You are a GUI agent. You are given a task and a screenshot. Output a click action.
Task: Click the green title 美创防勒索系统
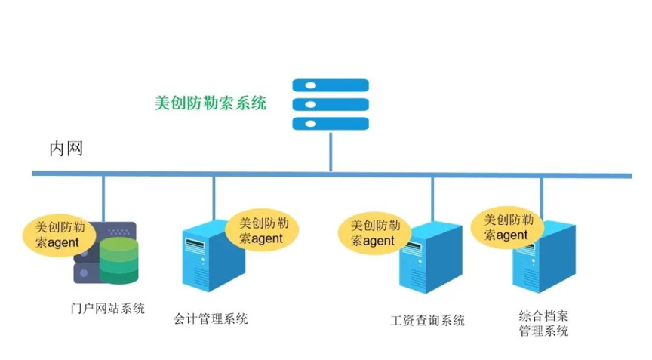211,103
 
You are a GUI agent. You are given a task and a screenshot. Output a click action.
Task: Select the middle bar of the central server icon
331,104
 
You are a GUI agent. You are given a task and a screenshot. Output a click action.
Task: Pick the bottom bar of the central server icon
331,123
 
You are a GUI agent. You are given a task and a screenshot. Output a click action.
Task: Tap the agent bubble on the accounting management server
261,230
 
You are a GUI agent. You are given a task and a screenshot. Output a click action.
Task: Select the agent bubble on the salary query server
373,232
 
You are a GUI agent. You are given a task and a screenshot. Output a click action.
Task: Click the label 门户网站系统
106,308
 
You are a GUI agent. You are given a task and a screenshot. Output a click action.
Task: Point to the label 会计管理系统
211,318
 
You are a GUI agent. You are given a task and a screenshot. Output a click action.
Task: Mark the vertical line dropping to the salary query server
432,200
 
